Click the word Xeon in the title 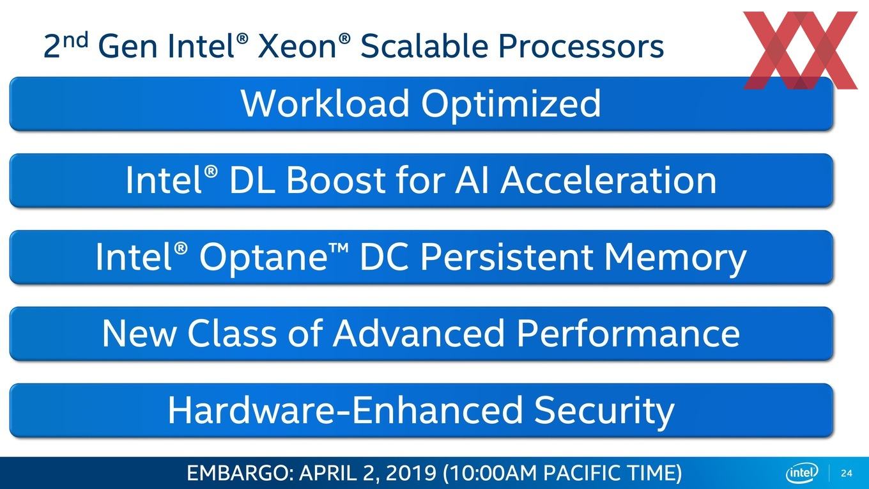click(x=296, y=46)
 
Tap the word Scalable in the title click(x=424, y=45)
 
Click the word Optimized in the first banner click(x=511, y=105)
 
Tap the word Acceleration click(x=608, y=180)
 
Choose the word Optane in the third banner click(x=263, y=258)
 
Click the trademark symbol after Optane click(x=339, y=247)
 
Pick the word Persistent click(x=507, y=256)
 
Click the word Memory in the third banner click(x=675, y=258)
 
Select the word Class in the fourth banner click(x=231, y=333)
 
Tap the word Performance click(x=629, y=333)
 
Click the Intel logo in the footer click(x=802, y=472)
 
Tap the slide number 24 click(x=847, y=473)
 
